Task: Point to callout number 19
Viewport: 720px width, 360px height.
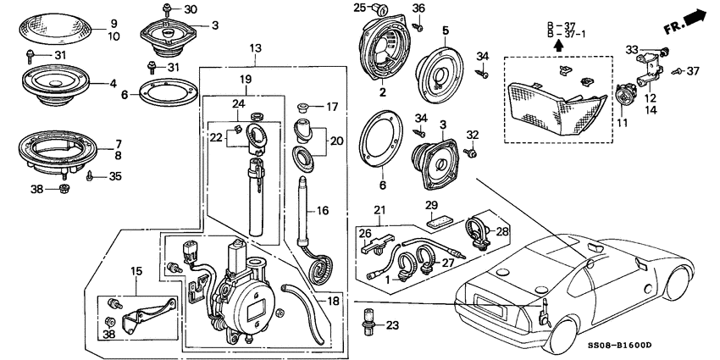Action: point(244,78)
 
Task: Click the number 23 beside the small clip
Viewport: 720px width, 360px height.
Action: point(392,324)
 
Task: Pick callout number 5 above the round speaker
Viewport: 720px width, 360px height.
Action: point(444,32)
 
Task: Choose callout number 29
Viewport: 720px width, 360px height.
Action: point(431,206)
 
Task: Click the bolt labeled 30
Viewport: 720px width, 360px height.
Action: point(167,9)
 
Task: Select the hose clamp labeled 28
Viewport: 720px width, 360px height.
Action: point(477,230)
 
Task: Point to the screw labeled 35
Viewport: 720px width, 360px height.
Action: point(90,177)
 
